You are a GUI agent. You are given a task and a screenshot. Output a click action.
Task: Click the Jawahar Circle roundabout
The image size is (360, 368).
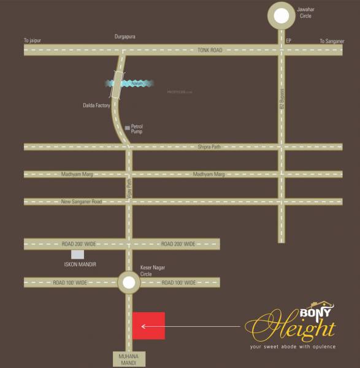click(x=282, y=16)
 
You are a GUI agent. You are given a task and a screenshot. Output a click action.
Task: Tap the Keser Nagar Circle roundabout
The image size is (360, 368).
click(x=129, y=283)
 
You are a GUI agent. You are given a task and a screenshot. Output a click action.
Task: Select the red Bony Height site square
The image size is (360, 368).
click(x=148, y=326)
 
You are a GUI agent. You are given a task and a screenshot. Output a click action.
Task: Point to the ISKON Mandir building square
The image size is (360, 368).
click(x=77, y=255)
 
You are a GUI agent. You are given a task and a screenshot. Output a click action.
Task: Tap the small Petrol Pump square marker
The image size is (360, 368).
click(x=127, y=128)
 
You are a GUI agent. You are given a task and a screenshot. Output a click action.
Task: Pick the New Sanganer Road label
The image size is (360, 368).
click(x=82, y=201)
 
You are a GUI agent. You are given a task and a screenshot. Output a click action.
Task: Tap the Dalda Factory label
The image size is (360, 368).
click(x=97, y=105)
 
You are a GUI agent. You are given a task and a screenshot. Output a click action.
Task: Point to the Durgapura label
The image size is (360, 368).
click(x=124, y=37)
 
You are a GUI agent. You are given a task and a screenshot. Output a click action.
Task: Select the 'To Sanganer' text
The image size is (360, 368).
click(x=332, y=41)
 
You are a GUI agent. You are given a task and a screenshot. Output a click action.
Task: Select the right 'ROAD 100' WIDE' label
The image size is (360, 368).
click(x=178, y=283)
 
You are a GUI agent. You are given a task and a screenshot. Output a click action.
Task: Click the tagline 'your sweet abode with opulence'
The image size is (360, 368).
click(x=293, y=347)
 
